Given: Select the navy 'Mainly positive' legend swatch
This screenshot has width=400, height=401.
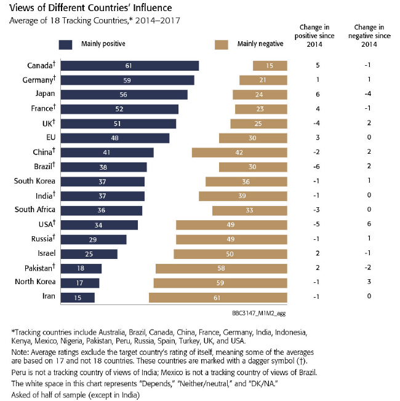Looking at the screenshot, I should click(66, 44).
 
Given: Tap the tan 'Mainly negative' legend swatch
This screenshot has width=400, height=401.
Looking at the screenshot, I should click(222, 44).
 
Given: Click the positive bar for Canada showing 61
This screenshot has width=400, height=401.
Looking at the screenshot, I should click(130, 66).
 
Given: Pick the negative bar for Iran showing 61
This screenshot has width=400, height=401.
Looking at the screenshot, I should click(218, 298).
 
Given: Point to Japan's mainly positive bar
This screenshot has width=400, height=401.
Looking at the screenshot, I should click(124, 95).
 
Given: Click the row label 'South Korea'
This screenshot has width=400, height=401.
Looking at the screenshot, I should click(35, 181).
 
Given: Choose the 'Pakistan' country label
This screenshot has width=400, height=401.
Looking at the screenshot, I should click(39, 268).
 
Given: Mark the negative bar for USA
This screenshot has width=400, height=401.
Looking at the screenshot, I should click(231, 225).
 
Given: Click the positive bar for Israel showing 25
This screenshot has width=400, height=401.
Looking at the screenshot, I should click(89, 254).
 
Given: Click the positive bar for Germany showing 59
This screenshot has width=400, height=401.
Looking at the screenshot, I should click(127, 80).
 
